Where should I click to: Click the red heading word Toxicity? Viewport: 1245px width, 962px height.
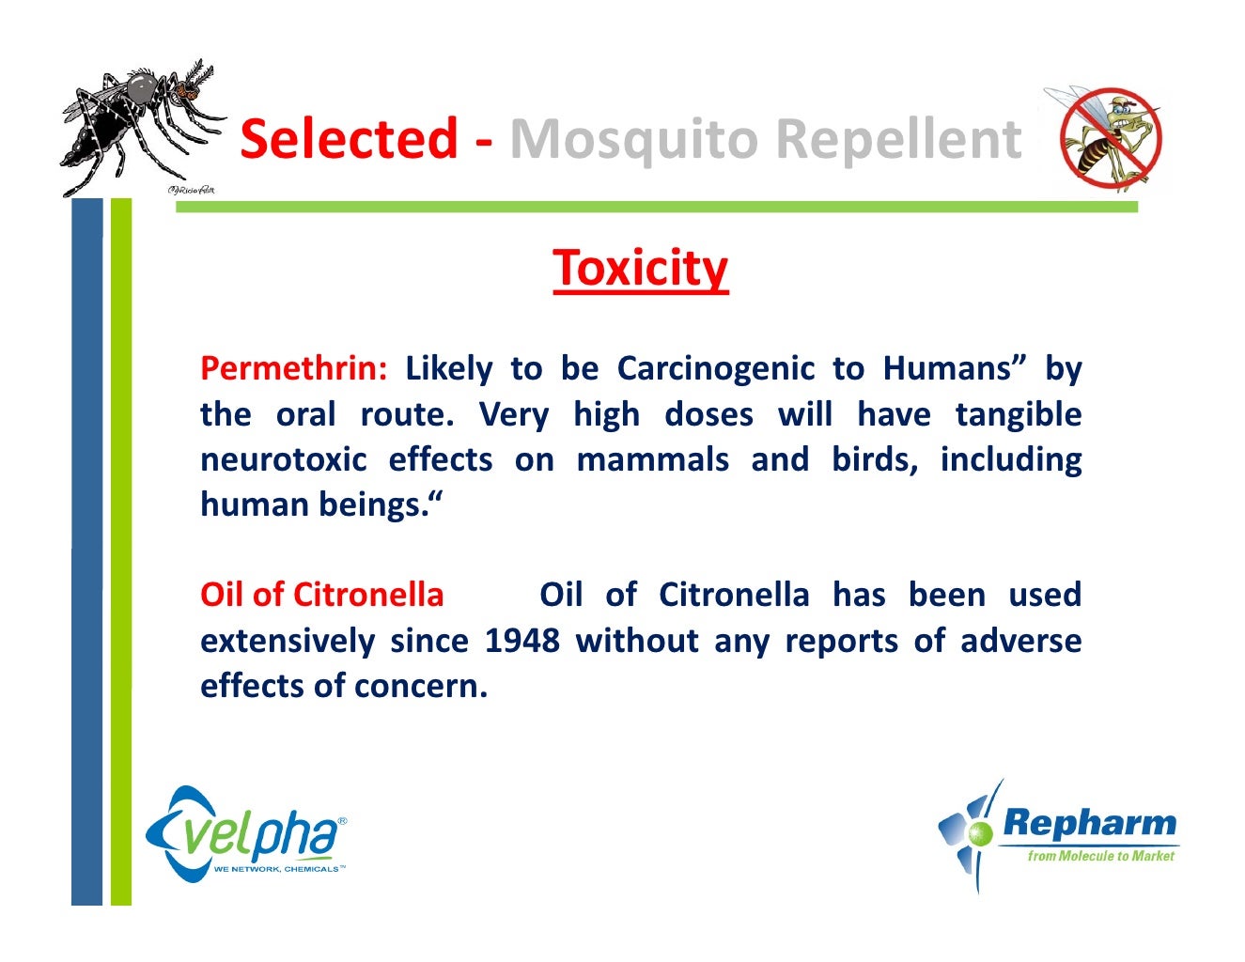point(640,269)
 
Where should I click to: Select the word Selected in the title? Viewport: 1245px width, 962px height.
point(349,139)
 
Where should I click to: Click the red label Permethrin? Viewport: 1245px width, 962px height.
point(293,368)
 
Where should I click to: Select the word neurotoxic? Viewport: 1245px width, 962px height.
point(282,459)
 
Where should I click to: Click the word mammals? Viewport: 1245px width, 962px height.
point(652,459)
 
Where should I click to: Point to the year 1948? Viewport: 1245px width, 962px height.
point(521,641)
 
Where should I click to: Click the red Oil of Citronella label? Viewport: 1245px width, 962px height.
point(321,595)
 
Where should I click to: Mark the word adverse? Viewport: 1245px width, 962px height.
point(1020,641)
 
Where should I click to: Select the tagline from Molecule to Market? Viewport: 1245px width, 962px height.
point(1100,856)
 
